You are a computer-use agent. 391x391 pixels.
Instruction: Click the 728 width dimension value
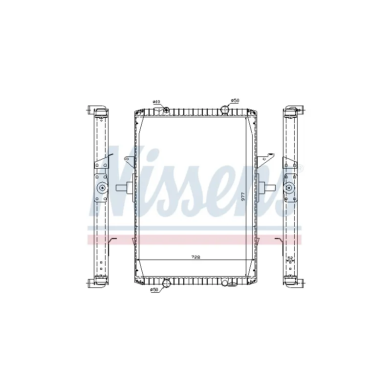coord(196,257)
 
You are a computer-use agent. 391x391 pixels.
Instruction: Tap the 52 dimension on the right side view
coord(290,258)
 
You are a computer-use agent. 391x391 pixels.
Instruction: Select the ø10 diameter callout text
coord(156,102)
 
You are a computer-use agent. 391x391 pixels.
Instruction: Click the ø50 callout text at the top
coord(235,100)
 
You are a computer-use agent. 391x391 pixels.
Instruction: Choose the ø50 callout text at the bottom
coord(154,290)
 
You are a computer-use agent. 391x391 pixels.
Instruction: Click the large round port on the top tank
coord(226,110)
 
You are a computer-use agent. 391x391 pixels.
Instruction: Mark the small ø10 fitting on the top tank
coord(166,109)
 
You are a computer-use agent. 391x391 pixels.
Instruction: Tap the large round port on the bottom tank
coord(167,282)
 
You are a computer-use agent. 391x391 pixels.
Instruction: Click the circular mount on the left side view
coord(102,187)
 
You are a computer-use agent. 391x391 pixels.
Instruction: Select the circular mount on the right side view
coord(289,187)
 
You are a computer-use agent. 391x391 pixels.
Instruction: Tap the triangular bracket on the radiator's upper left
coord(130,161)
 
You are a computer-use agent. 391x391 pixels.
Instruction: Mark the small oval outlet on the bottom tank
coord(225,282)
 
